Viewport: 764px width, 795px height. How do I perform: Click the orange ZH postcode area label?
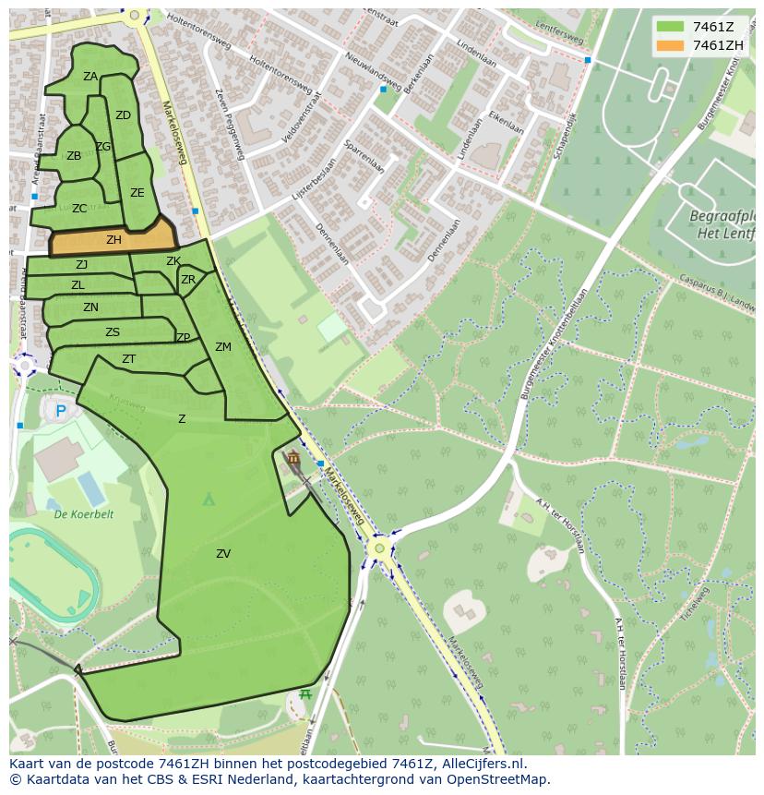point(113,240)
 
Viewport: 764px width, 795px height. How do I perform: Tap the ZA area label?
point(90,77)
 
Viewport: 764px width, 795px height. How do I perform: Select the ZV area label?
point(223,554)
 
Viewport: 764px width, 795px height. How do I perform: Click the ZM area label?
point(223,347)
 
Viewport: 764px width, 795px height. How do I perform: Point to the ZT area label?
point(129,359)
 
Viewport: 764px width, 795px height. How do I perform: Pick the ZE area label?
point(137,193)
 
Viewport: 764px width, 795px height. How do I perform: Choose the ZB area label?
point(74,156)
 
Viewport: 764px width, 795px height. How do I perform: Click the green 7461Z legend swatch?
point(670,26)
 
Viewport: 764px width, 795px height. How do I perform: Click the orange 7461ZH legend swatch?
point(670,45)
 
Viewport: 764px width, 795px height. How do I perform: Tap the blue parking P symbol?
point(61,411)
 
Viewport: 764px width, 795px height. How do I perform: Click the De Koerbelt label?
point(83,514)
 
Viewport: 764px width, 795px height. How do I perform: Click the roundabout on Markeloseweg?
point(378,548)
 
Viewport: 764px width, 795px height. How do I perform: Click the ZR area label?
point(188,280)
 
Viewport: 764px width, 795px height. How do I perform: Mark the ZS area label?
point(113,332)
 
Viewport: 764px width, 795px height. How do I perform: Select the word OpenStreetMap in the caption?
point(499,779)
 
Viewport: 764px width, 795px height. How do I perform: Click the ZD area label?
point(123,115)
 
